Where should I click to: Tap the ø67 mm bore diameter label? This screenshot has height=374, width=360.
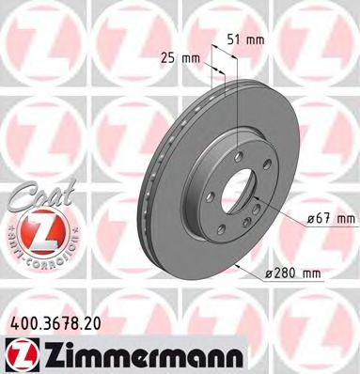coord(331,219)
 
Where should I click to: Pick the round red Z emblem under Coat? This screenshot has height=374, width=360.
coord(38,227)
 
